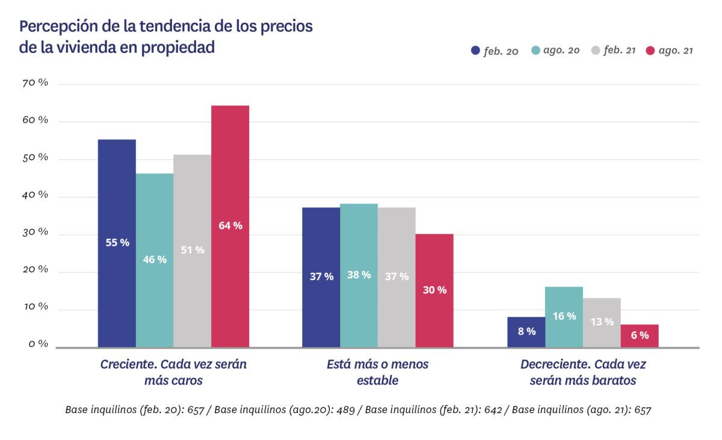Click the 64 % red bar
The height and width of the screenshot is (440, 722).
coord(230,226)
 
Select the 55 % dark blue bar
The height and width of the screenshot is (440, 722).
coord(117,243)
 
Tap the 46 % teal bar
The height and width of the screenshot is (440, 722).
coord(155,260)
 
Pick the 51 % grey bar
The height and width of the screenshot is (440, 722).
coord(193,250)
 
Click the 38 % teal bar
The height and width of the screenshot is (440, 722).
coord(359,275)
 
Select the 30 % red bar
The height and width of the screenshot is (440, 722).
coord(434,290)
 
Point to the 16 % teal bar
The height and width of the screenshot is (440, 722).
coord(564,316)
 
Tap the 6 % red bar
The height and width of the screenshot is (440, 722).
coord(640,335)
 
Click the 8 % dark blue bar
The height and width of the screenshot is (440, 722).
coord(526,332)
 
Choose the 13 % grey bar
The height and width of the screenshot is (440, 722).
coord(602,322)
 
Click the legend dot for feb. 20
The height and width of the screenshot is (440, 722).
coord(475,51)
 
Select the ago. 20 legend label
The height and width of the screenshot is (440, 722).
coord(561,50)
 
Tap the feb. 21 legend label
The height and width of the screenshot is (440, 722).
coord(620,50)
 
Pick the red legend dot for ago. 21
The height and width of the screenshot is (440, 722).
coord(650,51)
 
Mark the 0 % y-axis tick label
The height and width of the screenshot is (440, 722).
coord(37,344)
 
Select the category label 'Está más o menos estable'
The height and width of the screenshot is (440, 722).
coord(377,372)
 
